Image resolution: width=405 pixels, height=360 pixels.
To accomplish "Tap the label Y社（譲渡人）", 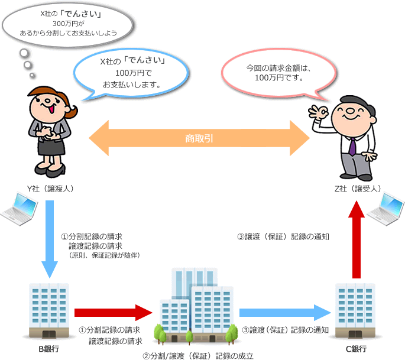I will point(50,189).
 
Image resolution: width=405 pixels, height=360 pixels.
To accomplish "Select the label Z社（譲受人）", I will point(357,189).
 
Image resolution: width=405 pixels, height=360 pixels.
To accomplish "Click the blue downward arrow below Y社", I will point(50,236).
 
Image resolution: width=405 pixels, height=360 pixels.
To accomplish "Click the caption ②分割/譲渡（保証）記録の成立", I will point(198,355).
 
